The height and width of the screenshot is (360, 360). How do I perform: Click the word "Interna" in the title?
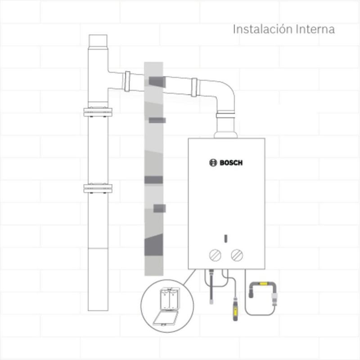[315, 29]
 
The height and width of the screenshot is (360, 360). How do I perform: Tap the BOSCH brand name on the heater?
[231, 163]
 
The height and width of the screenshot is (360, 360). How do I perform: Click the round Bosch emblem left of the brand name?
[213, 163]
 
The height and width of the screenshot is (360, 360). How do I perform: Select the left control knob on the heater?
[216, 255]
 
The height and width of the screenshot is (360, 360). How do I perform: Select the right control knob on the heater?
[237, 255]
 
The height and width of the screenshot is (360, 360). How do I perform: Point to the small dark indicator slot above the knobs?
[226, 238]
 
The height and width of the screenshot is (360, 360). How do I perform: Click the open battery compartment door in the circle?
[165, 318]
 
